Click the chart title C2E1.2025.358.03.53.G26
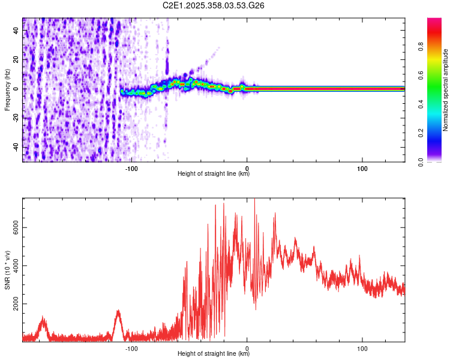214,5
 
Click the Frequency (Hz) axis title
7,90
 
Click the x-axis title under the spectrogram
214,174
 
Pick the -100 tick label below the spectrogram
131,168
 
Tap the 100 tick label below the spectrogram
362,168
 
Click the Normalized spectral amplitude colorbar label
446,90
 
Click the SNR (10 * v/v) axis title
7,270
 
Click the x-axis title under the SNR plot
214,354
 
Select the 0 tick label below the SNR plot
247,348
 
